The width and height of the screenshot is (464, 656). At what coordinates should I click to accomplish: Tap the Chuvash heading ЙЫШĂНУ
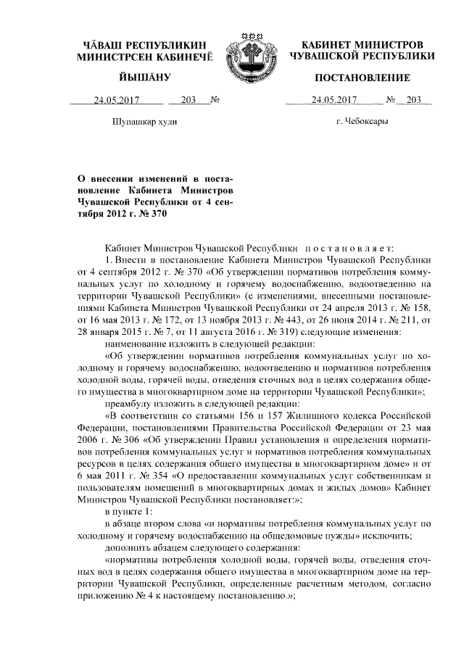click(145, 78)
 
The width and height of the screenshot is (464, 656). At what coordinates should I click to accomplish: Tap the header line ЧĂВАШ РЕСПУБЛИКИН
click(145, 45)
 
